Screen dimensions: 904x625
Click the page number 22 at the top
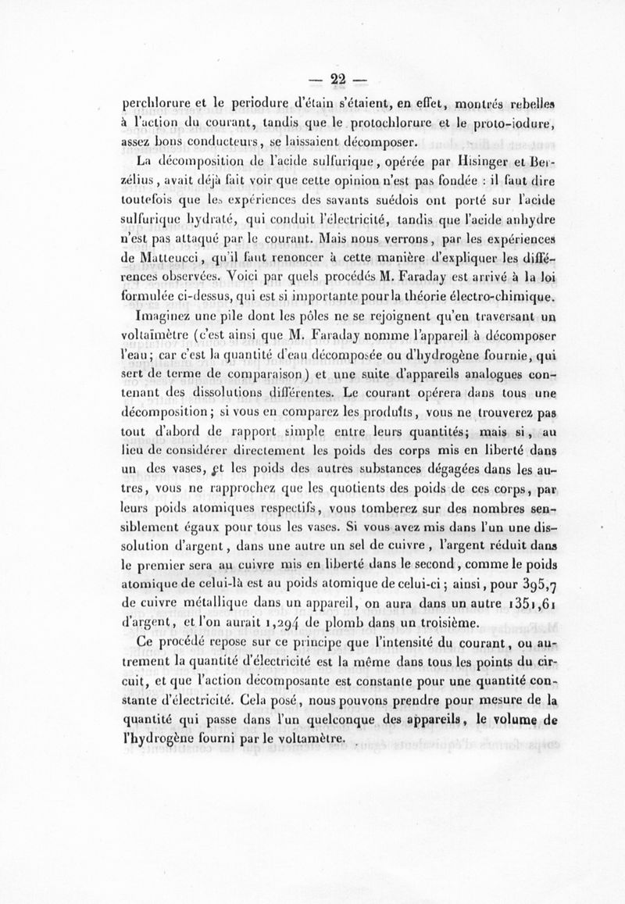point(337,77)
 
